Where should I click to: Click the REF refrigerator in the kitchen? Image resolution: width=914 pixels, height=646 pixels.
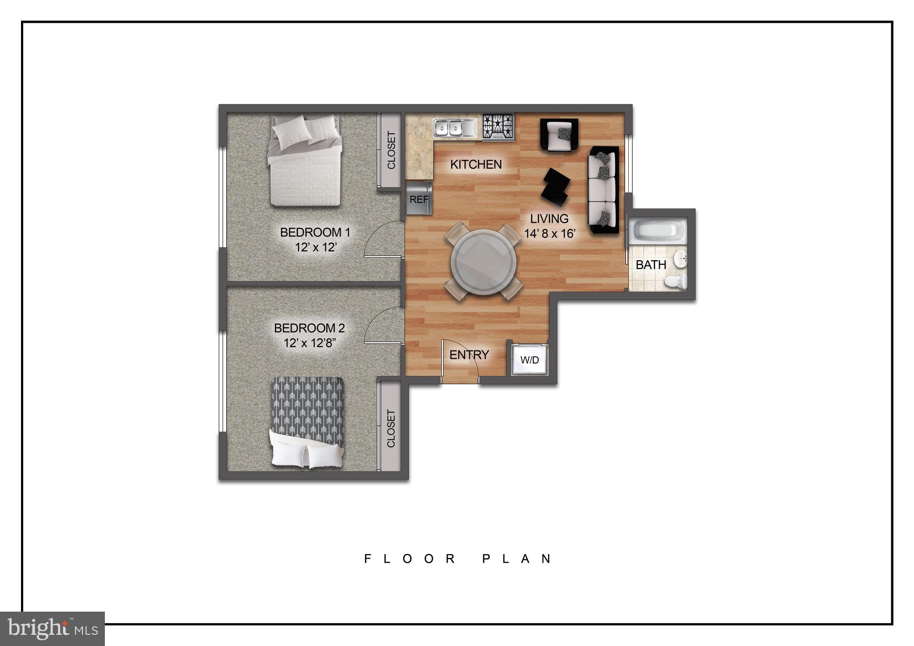[x=419, y=199]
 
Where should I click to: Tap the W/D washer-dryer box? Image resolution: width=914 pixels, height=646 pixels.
[x=529, y=360]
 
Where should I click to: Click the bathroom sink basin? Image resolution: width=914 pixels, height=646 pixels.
[x=680, y=259]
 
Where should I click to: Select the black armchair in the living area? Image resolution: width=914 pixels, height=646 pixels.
[x=559, y=134]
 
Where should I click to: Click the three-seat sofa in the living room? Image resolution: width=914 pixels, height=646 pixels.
[x=603, y=189]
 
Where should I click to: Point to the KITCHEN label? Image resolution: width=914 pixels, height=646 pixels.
[x=476, y=164]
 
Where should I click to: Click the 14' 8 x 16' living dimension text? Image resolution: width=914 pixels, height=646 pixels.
[x=549, y=233]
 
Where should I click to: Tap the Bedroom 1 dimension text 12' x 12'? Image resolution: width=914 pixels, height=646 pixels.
[x=315, y=247]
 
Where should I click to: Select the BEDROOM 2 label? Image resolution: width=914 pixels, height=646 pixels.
[x=309, y=328]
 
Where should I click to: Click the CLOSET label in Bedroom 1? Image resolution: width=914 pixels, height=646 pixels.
[x=391, y=150]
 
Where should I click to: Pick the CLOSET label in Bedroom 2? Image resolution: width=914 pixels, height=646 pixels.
[x=391, y=429]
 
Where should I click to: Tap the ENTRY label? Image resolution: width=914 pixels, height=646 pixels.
[x=469, y=355]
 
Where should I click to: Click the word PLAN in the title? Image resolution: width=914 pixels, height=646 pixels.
[x=518, y=559]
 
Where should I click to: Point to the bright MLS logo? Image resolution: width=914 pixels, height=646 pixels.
[x=52, y=629]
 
